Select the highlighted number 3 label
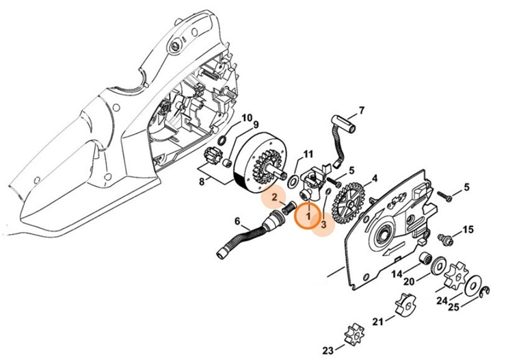pos(323,223)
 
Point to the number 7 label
pos(362,110)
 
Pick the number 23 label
pos(328,351)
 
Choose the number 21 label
pos(377,322)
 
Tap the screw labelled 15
pos(443,237)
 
